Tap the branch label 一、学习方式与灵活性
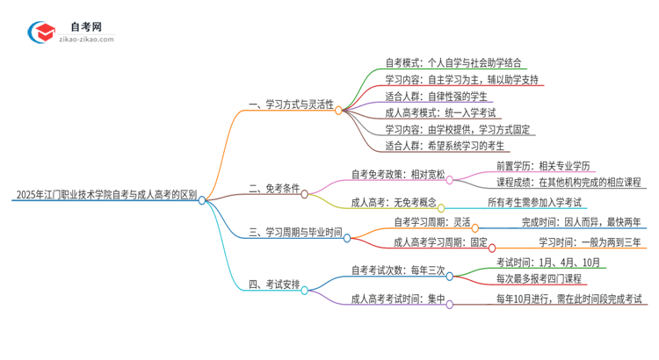(x=291, y=104)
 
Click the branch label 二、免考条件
(x=274, y=188)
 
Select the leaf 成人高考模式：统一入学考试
(x=440, y=112)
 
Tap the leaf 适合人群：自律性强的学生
(x=437, y=96)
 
